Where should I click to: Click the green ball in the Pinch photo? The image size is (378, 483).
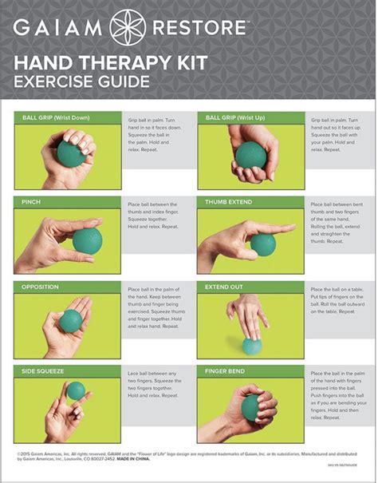(x=88, y=240)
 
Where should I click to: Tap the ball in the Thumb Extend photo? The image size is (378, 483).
(x=262, y=243)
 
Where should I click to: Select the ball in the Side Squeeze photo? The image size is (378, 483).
(x=76, y=390)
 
